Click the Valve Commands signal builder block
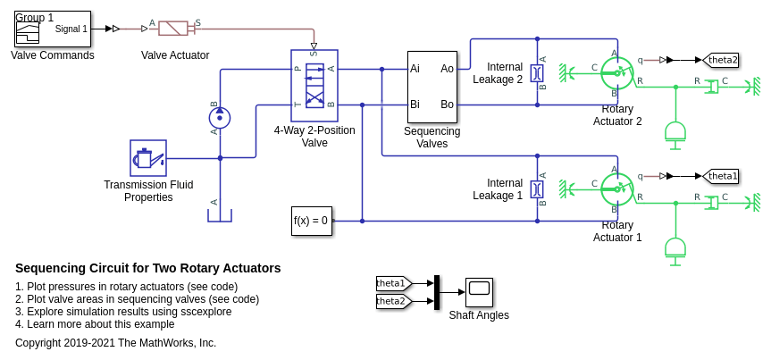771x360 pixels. click(x=52, y=29)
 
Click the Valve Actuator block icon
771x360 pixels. click(x=175, y=29)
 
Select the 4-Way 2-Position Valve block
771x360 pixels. click(x=314, y=85)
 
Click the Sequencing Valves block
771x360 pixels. click(x=432, y=87)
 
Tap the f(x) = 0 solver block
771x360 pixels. click(x=311, y=221)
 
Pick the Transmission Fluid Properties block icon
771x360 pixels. click(x=148, y=158)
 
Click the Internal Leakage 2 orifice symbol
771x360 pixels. click(x=537, y=72)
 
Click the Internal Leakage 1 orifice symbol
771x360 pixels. click(x=537, y=188)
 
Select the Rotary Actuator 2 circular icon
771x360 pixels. click(x=616, y=72)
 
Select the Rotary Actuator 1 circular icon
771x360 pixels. click(x=616, y=188)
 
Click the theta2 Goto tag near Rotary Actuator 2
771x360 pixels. click(x=721, y=60)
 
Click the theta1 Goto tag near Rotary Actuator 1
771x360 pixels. click(x=721, y=176)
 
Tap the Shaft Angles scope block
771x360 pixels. click(x=479, y=292)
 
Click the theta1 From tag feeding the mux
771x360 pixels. click(x=393, y=283)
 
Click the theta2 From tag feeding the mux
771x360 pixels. click(x=393, y=301)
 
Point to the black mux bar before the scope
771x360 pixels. click(x=437, y=292)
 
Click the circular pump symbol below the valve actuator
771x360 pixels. click(x=220, y=118)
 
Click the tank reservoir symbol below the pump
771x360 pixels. click(x=220, y=215)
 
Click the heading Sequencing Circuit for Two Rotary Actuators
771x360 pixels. click(x=148, y=268)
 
